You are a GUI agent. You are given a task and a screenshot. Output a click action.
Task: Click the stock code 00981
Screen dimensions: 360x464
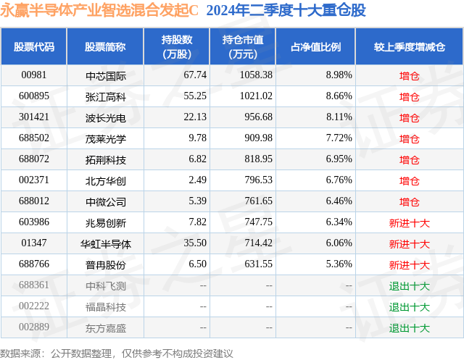33,75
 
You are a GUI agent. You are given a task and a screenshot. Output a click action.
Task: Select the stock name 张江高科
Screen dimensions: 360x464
106,96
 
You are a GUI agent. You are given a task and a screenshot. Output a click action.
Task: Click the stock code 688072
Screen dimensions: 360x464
34,159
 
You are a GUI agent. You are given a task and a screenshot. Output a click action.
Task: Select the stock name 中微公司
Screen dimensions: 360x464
106,201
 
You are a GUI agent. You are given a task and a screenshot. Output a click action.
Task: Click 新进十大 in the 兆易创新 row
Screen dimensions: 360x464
409,222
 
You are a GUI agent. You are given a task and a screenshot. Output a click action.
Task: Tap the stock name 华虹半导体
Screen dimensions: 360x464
106,243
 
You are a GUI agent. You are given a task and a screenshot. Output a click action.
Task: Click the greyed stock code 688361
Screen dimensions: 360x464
34,285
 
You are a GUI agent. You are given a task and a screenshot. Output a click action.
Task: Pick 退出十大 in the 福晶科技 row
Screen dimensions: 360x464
409,306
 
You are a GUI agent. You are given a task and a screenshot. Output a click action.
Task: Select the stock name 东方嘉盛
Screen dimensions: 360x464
106,327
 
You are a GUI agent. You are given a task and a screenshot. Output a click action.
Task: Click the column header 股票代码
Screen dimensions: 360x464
34,46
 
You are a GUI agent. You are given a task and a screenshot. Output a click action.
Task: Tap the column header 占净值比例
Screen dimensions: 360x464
316,46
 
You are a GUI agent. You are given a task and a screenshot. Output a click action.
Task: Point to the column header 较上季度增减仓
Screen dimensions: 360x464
409,46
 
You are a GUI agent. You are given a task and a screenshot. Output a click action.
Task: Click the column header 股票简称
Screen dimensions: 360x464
105,46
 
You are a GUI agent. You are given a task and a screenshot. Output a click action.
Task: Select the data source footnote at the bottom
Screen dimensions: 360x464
117,353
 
